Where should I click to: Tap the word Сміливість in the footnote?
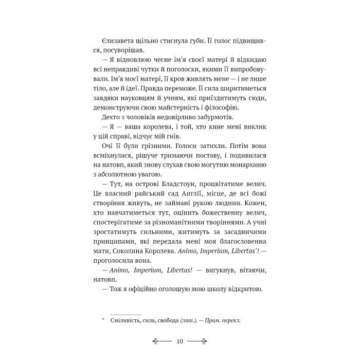(123, 320)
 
